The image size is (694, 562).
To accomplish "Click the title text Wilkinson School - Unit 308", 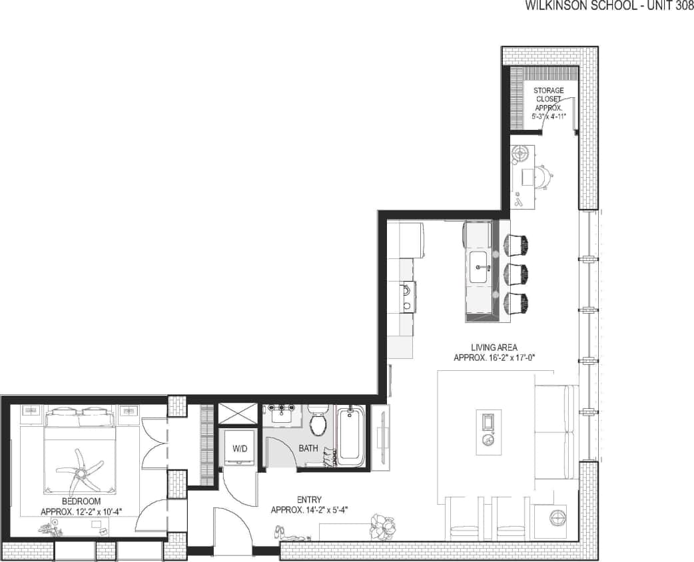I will click(609, 6).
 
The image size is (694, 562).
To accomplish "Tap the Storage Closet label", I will click(548, 103).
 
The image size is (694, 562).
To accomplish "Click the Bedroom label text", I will click(81, 506).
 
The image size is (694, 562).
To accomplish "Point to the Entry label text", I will click(310, 505).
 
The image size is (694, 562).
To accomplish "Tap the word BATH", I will click(308, 448).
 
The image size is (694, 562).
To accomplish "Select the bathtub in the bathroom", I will click(350, 436).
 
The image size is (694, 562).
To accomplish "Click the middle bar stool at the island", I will click(516, 274).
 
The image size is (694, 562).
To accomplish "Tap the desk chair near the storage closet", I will click(544, 176).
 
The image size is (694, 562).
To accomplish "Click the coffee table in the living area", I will click(488, 432).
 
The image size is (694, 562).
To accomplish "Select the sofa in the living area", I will click(554, 433).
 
